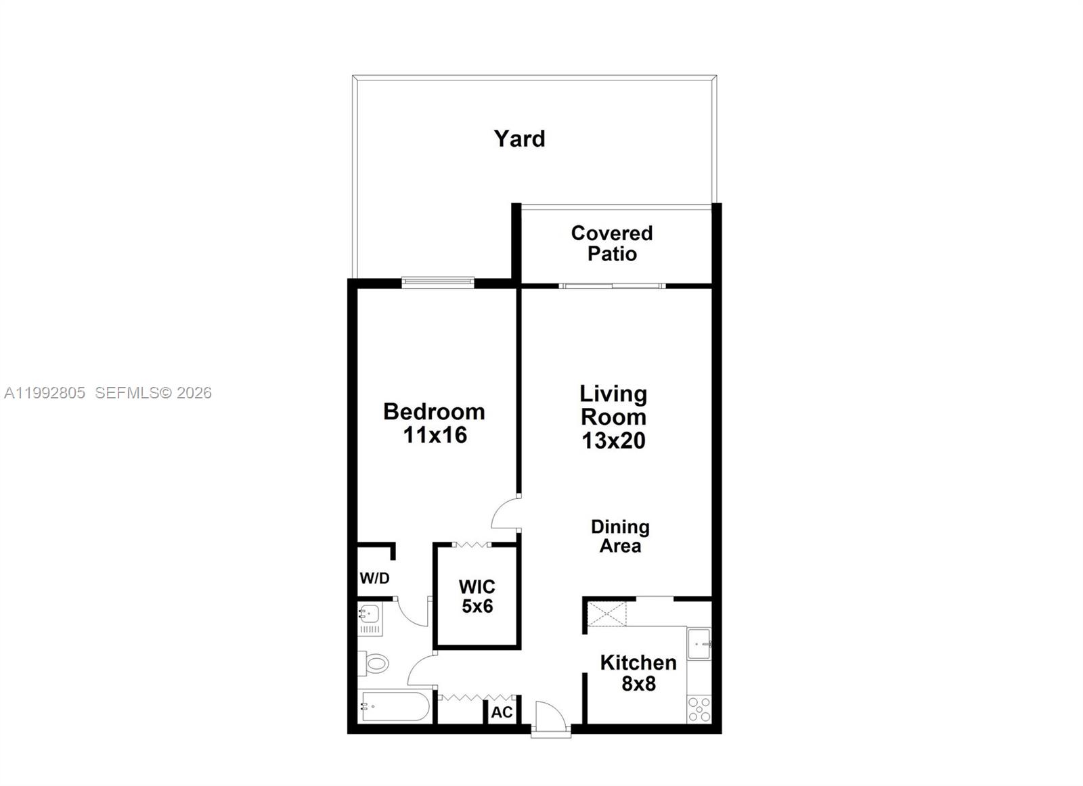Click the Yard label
point(519,139)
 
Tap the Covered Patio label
point(612,244)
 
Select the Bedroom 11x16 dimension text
point(435,435)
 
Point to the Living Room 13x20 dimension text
point(613,440)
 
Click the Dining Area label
point(620,536)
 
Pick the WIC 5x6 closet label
point(477,597)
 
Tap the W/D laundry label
point(374,578)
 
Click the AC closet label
point(502,712)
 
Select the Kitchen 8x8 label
point(638,673)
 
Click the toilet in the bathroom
point(374,663)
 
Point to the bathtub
point(395,706)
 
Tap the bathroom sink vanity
point(370,618)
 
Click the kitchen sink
point(699,644)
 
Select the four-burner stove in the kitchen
point(699,709)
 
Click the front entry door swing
point(550,717)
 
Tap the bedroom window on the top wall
point(438,282)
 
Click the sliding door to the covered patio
point(613,286)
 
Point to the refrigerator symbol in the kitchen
point(607,615)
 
